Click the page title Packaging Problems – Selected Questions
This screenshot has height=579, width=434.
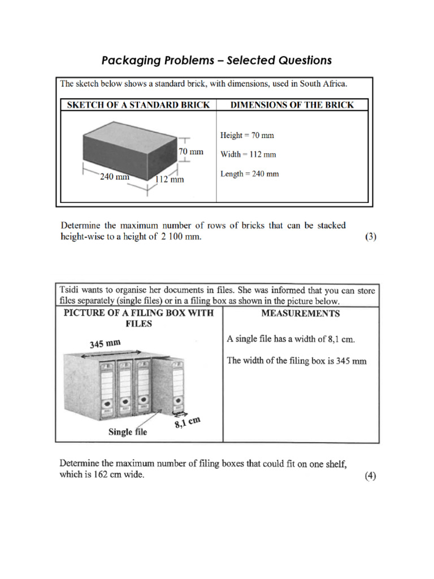coord(216,60)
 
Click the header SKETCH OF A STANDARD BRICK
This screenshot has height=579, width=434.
coord(138,105)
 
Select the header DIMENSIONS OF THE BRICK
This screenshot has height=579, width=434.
coord(292,105)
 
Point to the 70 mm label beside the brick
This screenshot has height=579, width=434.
coord(190,152)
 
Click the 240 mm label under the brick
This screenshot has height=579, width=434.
coord(115,176)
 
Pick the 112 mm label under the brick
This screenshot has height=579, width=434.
coord(170,180)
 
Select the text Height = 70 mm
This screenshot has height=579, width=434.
coord(247,136)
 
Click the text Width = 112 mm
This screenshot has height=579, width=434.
coord(248,154)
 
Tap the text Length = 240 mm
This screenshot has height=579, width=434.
coord(249,174)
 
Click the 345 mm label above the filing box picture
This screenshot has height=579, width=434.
coord(105,343)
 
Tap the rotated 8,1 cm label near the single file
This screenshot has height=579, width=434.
coord(188,421)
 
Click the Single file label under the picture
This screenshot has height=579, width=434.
coord(127,432)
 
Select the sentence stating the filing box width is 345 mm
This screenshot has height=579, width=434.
coord(296,361)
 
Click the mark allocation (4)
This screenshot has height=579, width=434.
coord(370,476)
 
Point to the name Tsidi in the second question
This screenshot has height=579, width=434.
coord(70,291)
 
